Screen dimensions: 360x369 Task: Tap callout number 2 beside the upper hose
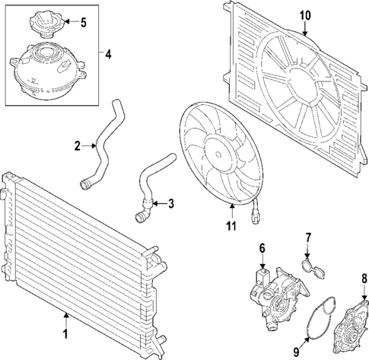(78, 144)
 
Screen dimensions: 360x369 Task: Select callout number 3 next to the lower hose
(170, 203)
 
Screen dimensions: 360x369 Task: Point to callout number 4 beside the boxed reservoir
(108, 54)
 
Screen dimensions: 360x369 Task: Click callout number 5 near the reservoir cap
(84, 21)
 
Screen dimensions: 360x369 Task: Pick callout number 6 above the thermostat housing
(262, 247)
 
